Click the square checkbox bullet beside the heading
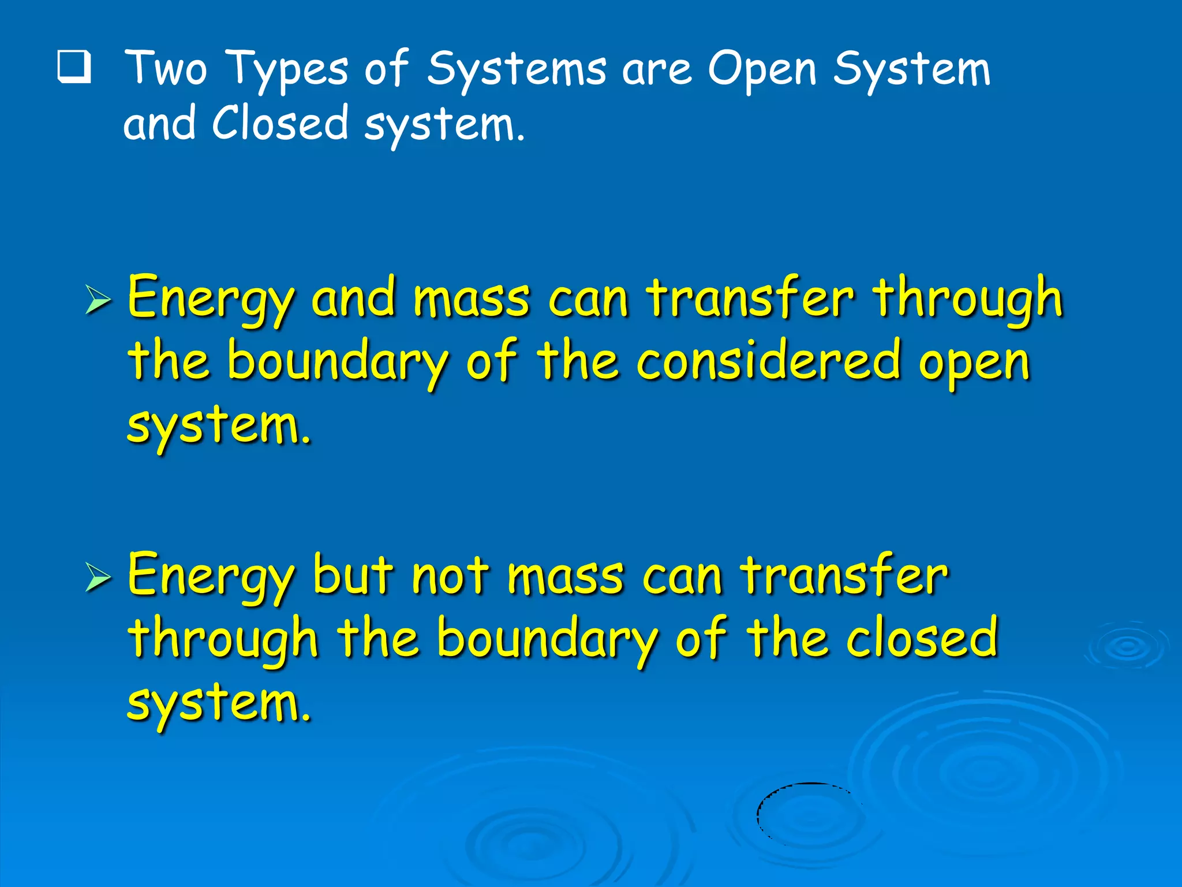tap(74, 68)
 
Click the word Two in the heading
tap(166, 69)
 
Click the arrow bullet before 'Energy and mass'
tap(98, 300)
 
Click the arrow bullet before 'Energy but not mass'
tap(98, 577)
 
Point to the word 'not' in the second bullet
tap(450, 576)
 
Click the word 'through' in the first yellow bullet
tap(967, 299)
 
